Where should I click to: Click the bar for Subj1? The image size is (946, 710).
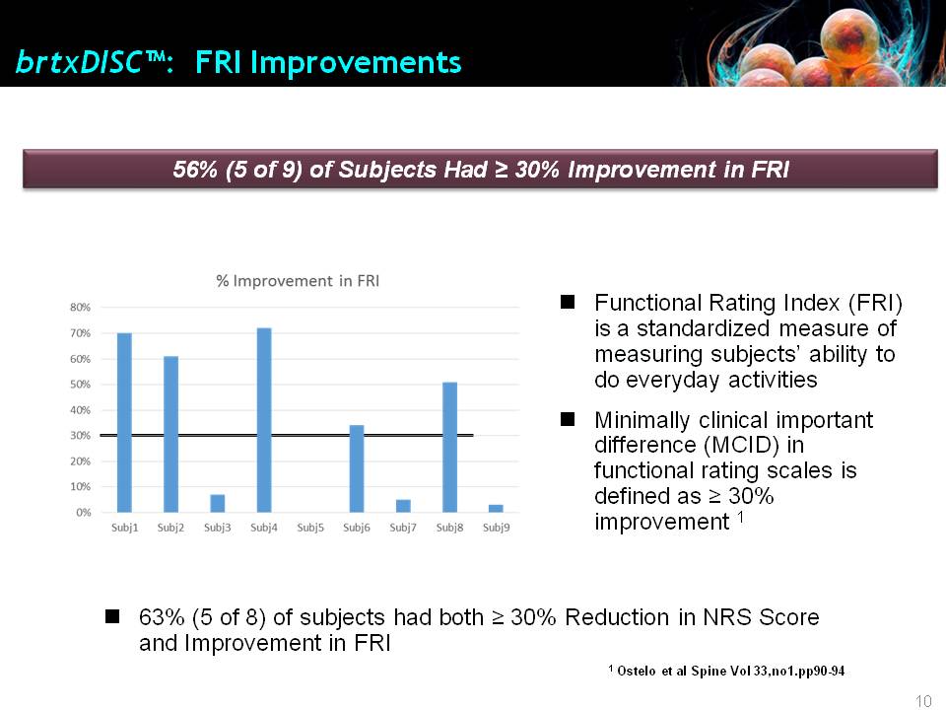pos(124,423)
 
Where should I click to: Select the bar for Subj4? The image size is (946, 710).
pos(264,420)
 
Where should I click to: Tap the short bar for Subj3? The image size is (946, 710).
pos(218,504)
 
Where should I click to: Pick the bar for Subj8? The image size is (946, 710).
pos(450,448)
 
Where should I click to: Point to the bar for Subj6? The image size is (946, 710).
pos(357,468)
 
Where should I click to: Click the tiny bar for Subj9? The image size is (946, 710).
pos(496,509)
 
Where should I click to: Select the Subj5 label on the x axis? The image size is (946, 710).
pos(310,528)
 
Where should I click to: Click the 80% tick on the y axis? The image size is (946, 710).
pos(80,308)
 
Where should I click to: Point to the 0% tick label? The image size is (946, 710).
pos(83,513)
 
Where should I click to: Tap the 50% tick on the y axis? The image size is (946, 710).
pos(80,384)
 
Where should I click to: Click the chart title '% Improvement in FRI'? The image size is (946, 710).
pos(298,281)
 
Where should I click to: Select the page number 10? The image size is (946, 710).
pos(923,701)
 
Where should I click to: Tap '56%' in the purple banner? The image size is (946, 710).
pos(195,170)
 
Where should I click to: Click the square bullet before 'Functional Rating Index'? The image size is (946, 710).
pos(568,302)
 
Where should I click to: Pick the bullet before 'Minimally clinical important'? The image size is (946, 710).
pos(568,419)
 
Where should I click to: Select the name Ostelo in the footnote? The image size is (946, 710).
pos(637,671)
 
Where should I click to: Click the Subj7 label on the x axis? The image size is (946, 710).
pos(403,528)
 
